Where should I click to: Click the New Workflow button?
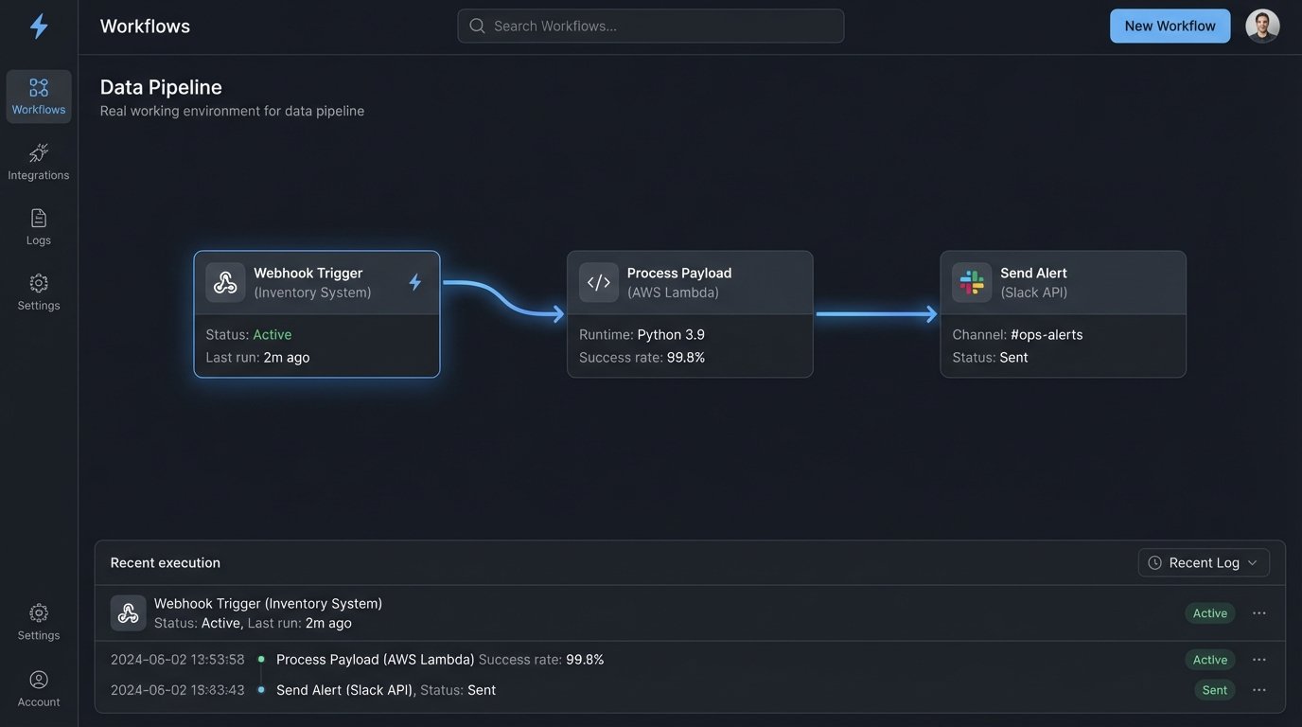tap(1170, 26)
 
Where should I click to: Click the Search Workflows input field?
tap(651, 26)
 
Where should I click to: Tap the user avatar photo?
tap(1262, 26)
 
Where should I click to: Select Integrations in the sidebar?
tap(39, 161)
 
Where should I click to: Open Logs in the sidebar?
tap(39, 226)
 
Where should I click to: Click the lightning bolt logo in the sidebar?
tap(39, 27)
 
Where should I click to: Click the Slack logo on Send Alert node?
tap(972, 282)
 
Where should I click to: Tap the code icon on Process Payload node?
tap(598, 282)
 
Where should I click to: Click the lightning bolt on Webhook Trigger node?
tap(414, 282)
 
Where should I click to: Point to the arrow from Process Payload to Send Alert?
tap(875, 314)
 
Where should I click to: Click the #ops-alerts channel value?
tap(1047, 334)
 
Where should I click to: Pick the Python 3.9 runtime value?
tap(671, 334)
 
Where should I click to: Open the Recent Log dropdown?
tap(1204, 562)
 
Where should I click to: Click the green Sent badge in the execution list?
tap(1214, 690)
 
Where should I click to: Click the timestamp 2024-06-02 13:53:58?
tap(178, 659)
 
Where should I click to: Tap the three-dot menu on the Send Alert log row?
tap(1258, 690)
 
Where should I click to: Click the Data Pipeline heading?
tap(161, 87)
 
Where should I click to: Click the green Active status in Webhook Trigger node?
tap(273, 334)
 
